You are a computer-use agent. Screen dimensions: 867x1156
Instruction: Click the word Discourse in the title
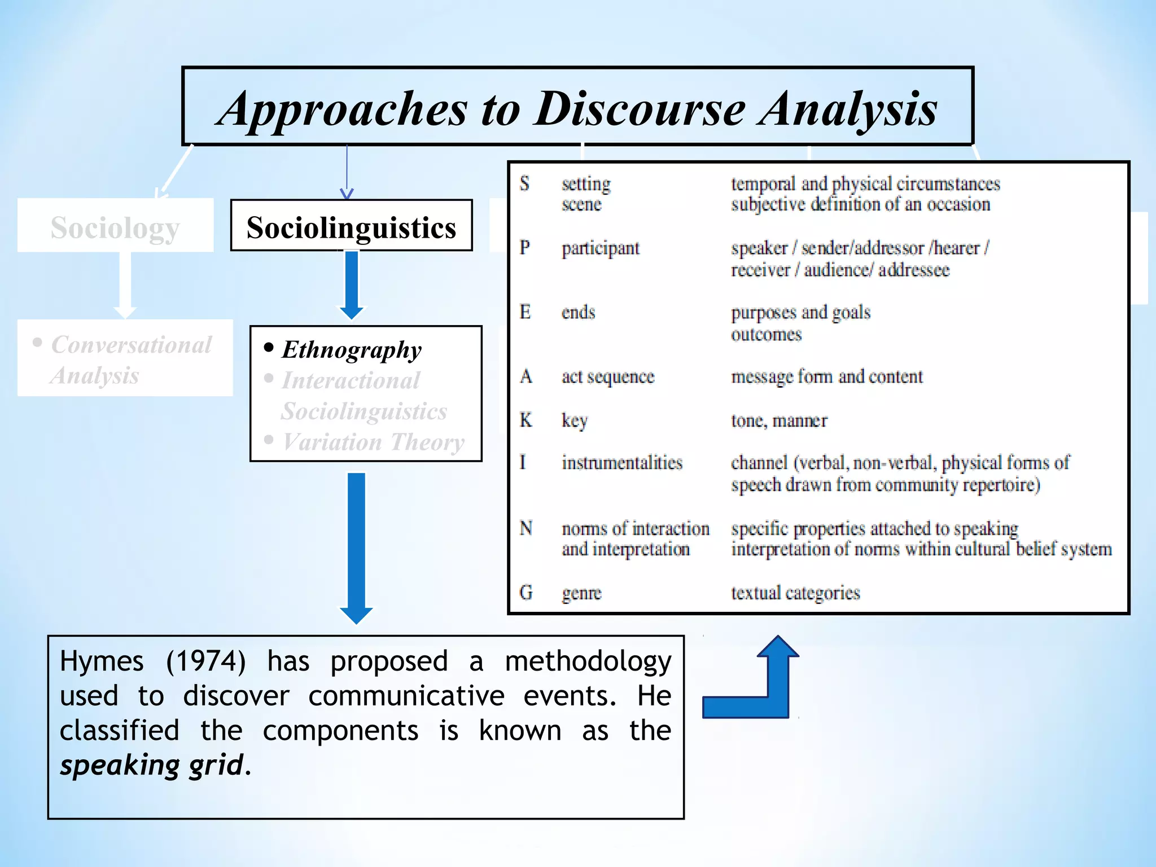point(640,109)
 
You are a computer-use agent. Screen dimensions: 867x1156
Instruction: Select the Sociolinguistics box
point(351,226)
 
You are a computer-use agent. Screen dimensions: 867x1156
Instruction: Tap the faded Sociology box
point(115,226)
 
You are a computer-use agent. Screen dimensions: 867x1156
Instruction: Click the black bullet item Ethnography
point(351,350)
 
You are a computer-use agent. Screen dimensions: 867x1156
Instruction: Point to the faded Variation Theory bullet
point(373,442)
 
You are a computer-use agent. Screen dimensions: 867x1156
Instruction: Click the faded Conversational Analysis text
point(130,360)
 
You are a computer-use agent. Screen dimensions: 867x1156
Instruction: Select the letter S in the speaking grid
point(524,183)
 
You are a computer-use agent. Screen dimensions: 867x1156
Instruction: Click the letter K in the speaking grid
point(526,420)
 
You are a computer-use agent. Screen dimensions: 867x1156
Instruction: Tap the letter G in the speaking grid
point(526,593)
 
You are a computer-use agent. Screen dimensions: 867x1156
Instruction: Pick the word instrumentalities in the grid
point(622,463)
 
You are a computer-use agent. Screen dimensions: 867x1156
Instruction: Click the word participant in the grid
point(601,248)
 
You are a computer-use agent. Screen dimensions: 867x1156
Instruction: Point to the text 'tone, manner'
point(779,421)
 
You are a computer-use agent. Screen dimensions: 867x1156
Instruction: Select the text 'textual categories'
point(795,593)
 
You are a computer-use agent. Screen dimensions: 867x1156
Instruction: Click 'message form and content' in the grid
point(827,376)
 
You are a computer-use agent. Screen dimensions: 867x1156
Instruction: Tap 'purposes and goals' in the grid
point(800,312)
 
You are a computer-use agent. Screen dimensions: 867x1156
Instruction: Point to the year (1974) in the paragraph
point(206,661)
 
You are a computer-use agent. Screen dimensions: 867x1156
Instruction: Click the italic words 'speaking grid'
point(152,766)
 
